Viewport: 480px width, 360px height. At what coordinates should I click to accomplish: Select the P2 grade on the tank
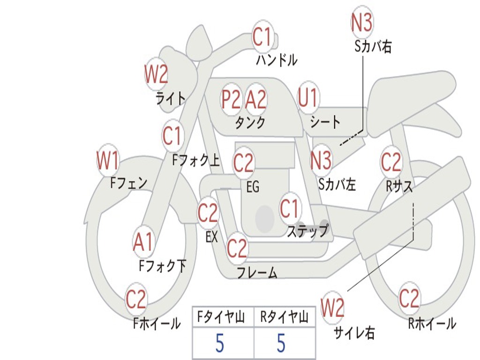pyautogui.click(x=231, y=99)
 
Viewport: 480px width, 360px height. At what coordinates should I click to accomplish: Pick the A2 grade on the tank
pyautogui.click(x=256, y=99)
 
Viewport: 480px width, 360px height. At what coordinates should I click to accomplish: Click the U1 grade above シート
pyautogui.click(x=307, y=98)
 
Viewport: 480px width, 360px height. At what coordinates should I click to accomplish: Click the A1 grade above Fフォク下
pyautogui.click(x=143, y=243)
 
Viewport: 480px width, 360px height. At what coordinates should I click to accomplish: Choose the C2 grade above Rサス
pyautogui.click(x=391, y=162)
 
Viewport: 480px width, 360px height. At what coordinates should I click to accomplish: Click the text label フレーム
pyautogui.click(x=257, y=273)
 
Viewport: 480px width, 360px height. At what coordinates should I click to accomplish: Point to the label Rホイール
pyautogui.click(x=432, y=323)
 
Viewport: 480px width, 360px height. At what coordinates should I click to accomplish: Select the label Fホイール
pyautogui.click(x=157, y=323)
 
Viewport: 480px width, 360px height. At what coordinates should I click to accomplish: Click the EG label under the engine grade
pyautogui.click(x=253, y=187)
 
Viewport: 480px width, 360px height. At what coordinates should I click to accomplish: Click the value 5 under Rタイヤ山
pyautogui.click(x=281, y=344)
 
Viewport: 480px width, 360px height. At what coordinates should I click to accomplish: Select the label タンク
pyautogui.click(x=250, y=123)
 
